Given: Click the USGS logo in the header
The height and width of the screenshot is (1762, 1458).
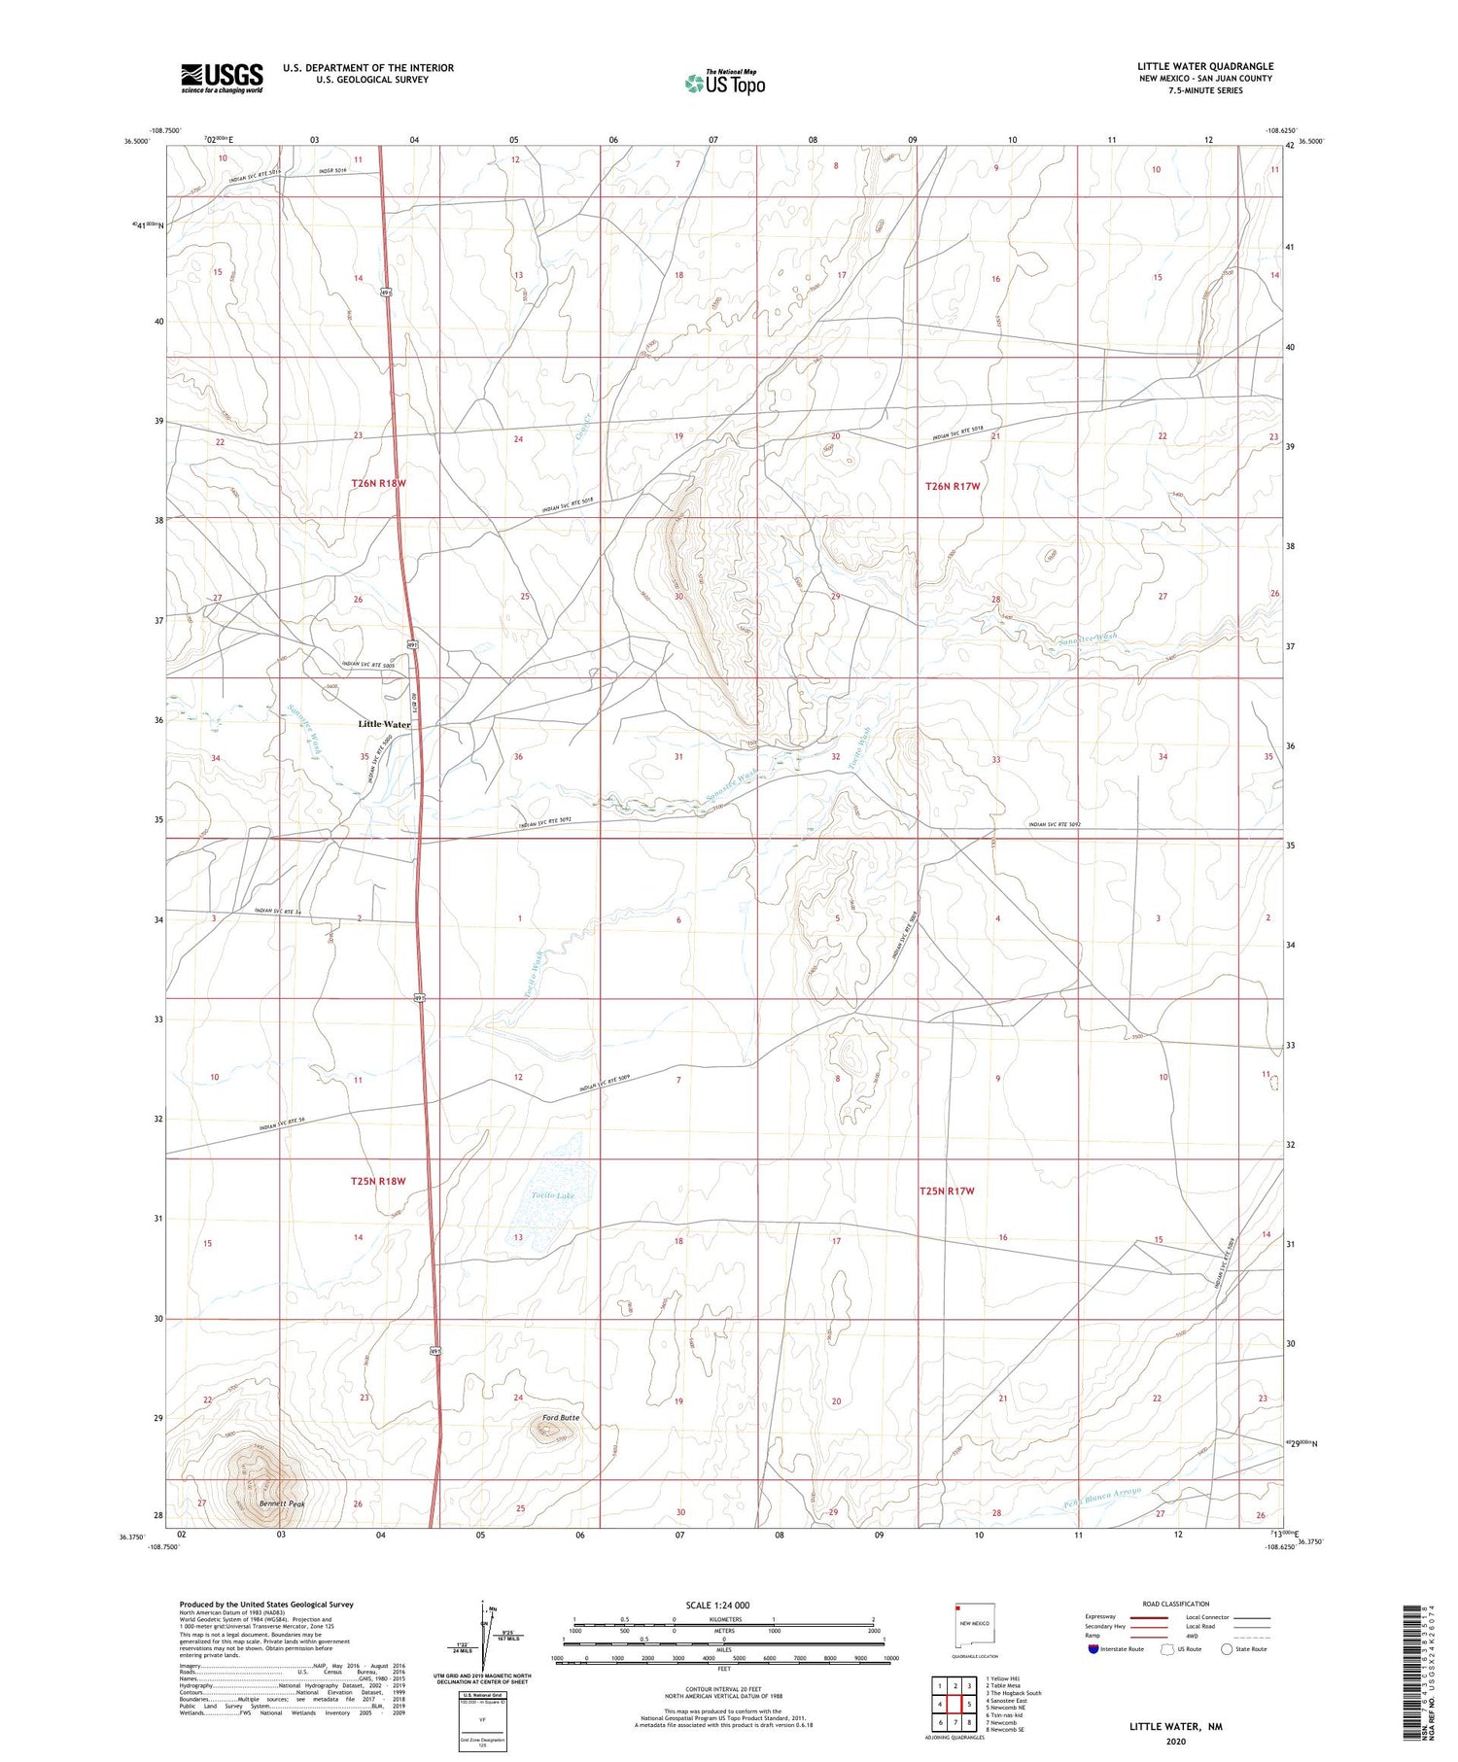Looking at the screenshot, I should [222, 78].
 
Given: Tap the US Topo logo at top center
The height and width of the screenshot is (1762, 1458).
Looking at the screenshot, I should [724, 84].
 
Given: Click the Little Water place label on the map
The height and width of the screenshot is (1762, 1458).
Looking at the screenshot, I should [384, 724].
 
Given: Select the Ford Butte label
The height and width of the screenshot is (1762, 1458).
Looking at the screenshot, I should [559, 1418].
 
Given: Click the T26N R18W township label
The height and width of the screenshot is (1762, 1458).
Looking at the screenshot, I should [378, 483].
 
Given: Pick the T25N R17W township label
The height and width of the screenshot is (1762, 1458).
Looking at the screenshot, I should [947, 1191].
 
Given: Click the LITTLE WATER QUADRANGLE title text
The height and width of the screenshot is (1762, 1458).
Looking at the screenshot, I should [1205, 66].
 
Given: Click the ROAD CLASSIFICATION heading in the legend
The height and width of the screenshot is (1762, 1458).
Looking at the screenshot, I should [1176, 1604].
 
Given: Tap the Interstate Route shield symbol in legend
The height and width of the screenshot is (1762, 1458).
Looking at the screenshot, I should [1093, 1649].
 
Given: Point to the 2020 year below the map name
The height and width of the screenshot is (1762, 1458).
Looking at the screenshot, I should [1176, 1742].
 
